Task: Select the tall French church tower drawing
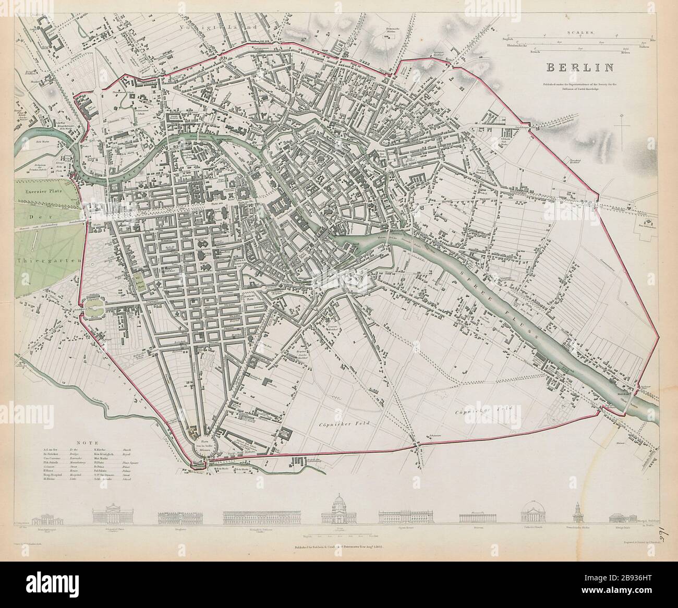(x=578, y=513)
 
